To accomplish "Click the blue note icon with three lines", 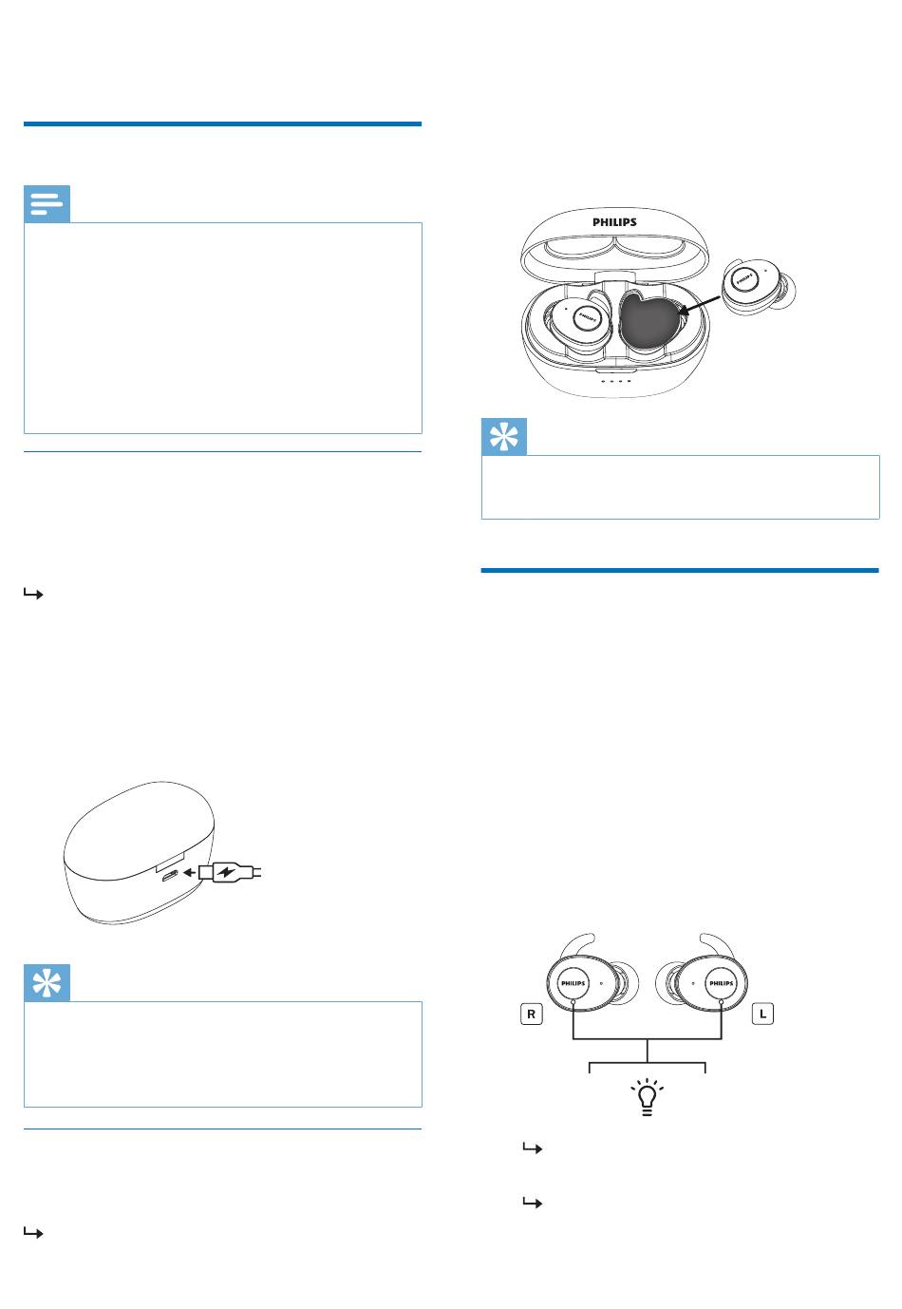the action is [47, 204].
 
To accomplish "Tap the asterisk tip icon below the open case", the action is [503, 437].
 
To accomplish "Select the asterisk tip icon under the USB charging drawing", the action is [47, 983].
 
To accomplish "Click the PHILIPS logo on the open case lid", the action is [614, 222].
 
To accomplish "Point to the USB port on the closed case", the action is [170, 876].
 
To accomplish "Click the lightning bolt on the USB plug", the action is [226, 873].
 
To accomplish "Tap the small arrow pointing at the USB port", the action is [189, 873].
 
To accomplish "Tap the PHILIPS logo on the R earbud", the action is [573, 983].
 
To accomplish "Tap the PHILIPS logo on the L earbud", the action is [721, 983].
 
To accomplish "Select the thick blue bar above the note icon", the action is [222, 123].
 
